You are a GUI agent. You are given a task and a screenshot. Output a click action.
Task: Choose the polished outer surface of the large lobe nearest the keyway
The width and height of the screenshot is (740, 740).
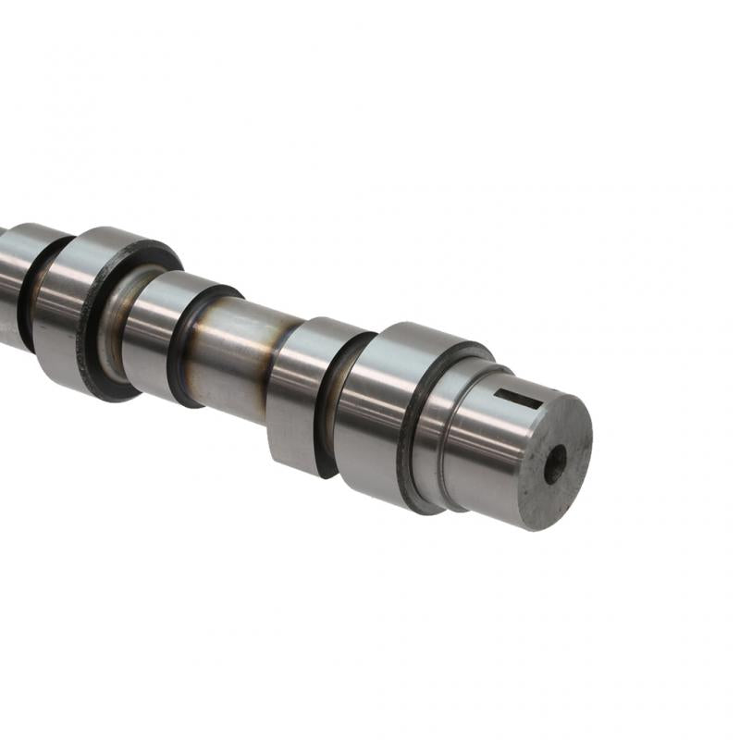tap(370, 407)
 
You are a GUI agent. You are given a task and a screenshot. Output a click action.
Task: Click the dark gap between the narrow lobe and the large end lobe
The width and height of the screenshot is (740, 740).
tap(327, 407)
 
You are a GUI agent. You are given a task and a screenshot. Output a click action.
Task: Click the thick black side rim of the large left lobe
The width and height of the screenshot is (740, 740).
tap(92, 324)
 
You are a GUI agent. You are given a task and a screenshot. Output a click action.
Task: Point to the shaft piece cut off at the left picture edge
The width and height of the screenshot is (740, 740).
tap(7, 277)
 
